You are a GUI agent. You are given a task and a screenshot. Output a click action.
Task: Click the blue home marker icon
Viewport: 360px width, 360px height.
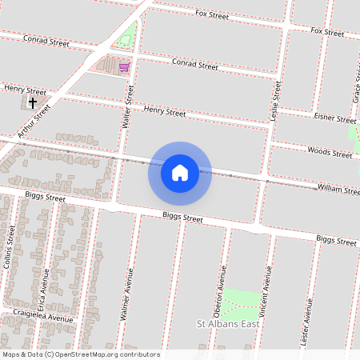180,172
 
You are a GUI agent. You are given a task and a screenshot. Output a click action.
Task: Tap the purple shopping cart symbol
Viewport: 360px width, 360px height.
124,67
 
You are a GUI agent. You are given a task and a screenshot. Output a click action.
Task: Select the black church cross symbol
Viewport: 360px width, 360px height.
33,102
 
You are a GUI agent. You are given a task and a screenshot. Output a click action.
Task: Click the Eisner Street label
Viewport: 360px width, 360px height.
336,119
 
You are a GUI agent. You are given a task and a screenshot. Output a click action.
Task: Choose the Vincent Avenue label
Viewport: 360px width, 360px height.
265,284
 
